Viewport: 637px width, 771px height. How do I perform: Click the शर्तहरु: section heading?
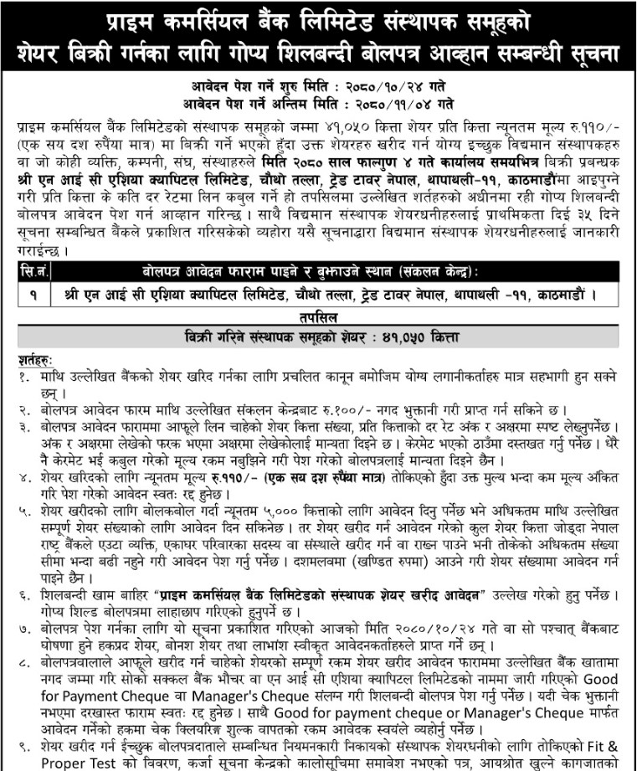tap(33, 355)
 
